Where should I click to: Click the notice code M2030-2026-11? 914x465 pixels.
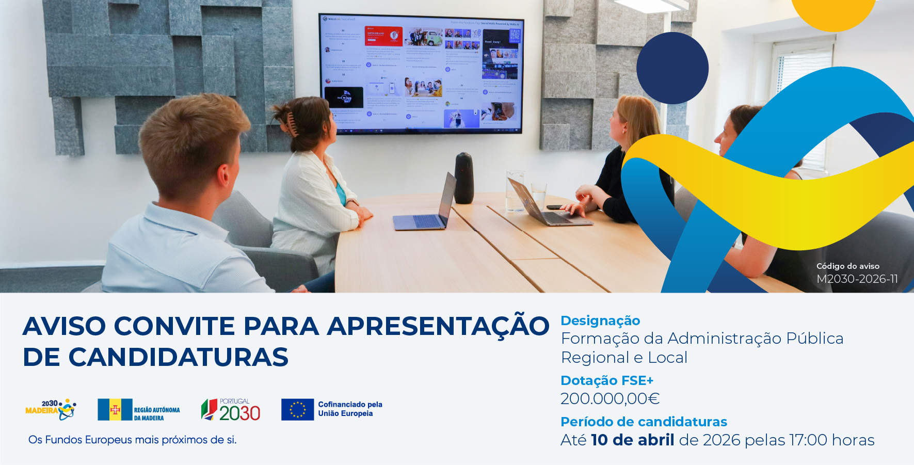pyautogui.click(x=857, y=279)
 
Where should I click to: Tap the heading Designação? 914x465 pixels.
pyautogui.click(x=600, y=320)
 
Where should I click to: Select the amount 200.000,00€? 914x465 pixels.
pyautogui.click(x=610, y=398)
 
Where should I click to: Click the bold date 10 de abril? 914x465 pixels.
pyautogui.click(x=632, y=440)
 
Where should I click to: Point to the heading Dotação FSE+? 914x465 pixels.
pyautogui.click(x=607, y=380)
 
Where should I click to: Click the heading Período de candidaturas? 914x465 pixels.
pyautogui.click(x=644, y=422)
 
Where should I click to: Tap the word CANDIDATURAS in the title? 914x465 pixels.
pyautogui.click(x=178, y=357)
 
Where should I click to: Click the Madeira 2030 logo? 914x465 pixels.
pyautogui.click(x=51, y=409)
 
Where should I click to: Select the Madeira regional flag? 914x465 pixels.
pyautogui.click(x=115, y=410)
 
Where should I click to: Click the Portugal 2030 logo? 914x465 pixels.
pyautogui.click(x=231, y=410)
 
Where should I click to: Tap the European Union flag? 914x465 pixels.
pyautogui.click(x=297, y=410)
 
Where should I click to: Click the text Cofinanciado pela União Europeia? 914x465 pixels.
pyautogui.click(x=350, y=409)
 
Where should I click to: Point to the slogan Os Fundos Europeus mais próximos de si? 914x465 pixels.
pyautogui.click(x=133, y=440)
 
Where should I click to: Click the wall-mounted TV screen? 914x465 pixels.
pyautogui.click(x=421, y=74)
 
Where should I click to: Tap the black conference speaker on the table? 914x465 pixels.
pyautogui.click(x=464, y=178)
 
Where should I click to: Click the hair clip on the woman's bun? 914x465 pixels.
pyautogui.click(x=292, y=125)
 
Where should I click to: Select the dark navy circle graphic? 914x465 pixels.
pyautogui.click(x=672, y=68)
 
